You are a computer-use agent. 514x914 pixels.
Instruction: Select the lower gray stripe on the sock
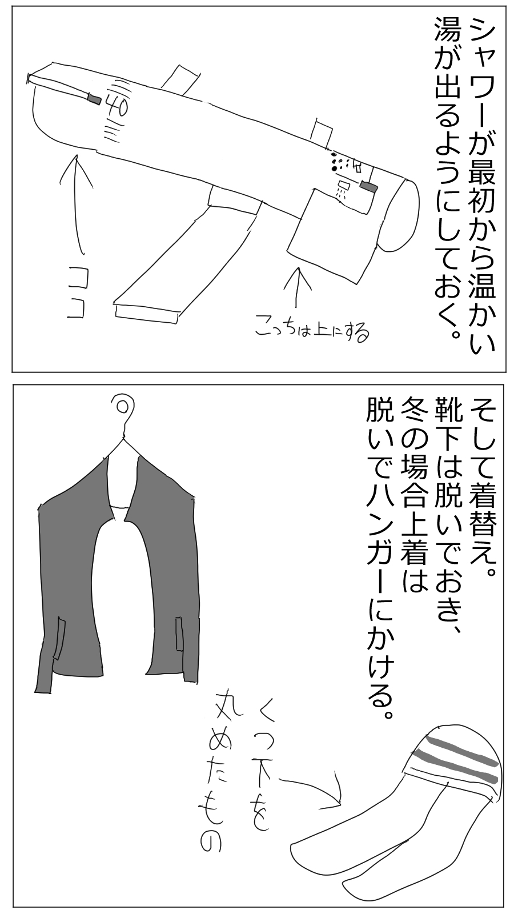(454, 766)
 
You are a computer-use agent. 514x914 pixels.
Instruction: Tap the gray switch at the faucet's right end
(368, 186)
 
